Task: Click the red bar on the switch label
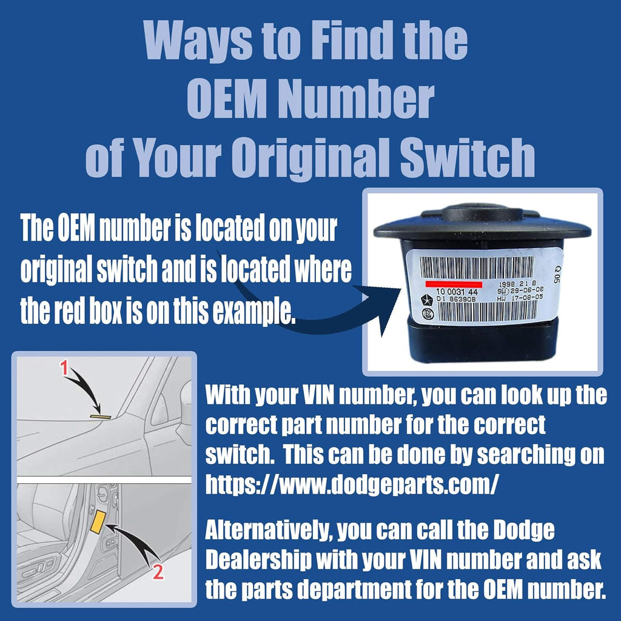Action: click(454, 284)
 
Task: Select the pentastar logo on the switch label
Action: click(429, 299)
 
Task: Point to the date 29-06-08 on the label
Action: click(520, 290)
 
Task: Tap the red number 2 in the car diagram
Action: click(158, 572)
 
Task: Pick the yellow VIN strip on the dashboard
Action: click(99, 417)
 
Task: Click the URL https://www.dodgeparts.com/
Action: click(353, 484)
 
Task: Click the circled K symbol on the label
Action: click(429, 315)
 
